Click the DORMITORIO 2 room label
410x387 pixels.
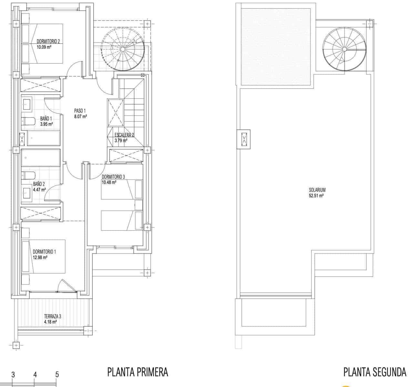pyautogui.click(x=48, y=41)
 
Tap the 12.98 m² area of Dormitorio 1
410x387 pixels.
pyautogui.click(x=40, y=257)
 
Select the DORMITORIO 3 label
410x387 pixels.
pyautogui.click(x=113, y=177)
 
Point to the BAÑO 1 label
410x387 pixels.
pyautogui.click(x=46, y=119)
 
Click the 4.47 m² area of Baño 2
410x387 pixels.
pyautogui.click(x=39, y=190)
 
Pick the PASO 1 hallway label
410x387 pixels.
pyautogui.click(x=80, y=111)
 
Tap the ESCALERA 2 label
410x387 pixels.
pyautogui.click(x=124, y=135)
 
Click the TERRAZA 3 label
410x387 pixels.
pyautogui.click(x=53, y=316)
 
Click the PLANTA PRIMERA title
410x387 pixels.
pyautogui.click(x=138, y=372)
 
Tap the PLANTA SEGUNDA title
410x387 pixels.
pyautogui.click(x=375, y=372)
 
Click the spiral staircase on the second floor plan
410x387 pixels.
pyautogui.click(x=344, y=49)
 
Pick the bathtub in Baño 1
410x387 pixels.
pyautogui.click(x=44, y=138)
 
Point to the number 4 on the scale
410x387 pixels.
pyautogui.click(x=35, y=375)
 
